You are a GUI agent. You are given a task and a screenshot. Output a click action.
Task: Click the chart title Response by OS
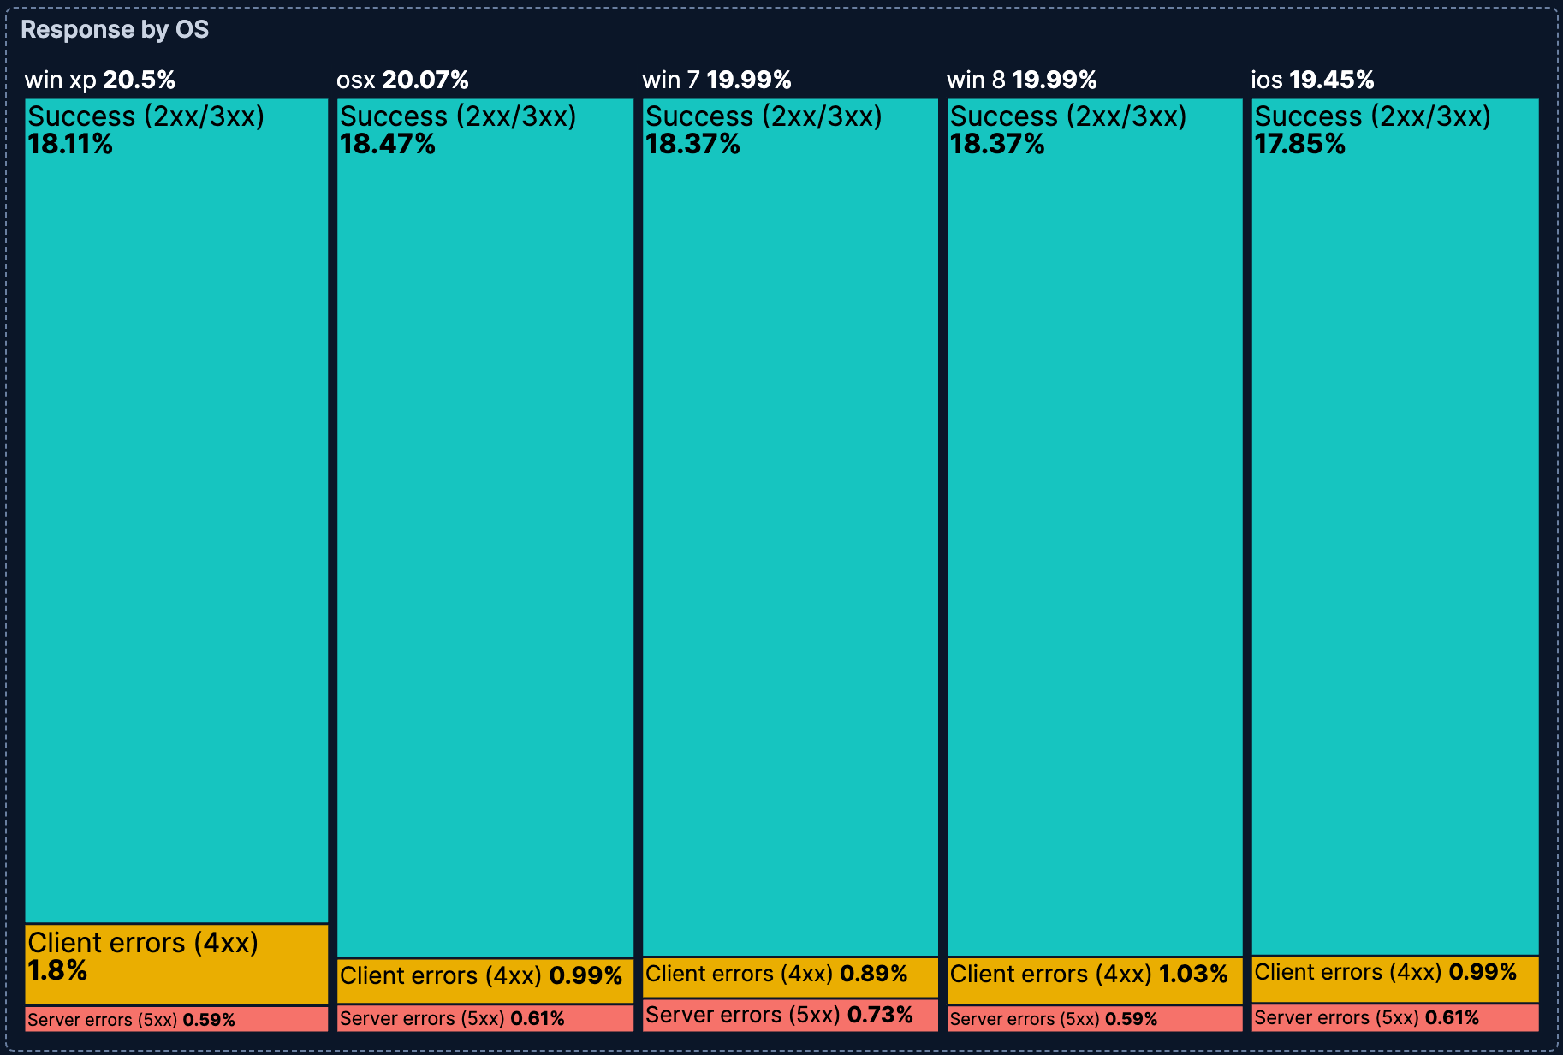115,30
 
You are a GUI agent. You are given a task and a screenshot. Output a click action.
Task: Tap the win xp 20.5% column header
100,80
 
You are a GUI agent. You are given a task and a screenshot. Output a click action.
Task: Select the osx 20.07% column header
402,80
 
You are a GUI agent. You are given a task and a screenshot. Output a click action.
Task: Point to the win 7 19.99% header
716,80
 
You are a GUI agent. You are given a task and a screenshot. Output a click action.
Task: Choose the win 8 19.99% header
1021,80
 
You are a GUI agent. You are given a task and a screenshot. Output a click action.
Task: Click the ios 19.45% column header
1312,80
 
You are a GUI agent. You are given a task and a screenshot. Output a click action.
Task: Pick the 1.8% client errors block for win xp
176,964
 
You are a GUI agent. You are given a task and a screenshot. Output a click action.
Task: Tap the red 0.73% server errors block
789,1016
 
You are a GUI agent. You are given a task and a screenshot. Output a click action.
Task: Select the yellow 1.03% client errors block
1094,980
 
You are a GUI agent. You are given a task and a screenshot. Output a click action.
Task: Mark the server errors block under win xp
176,1019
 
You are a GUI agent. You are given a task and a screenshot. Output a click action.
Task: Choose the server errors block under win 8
1094,1019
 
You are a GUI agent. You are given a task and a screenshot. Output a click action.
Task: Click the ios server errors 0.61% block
1394,1018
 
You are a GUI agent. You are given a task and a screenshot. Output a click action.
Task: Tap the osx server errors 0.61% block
484,1019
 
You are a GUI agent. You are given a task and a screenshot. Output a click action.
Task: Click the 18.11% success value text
70,145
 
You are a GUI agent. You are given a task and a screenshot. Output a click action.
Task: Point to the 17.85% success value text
1299,145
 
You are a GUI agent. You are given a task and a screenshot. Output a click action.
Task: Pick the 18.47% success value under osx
388,145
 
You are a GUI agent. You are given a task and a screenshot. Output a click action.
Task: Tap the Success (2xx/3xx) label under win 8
1067,116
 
